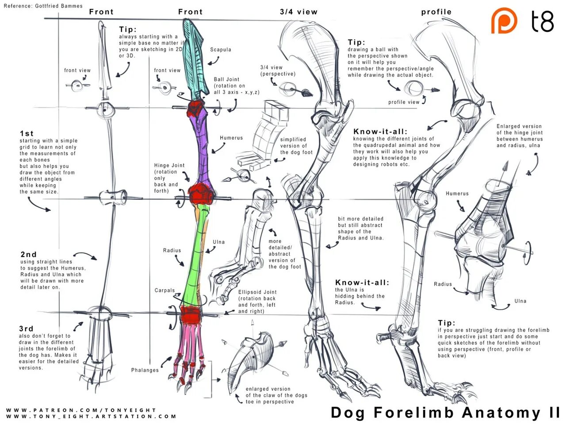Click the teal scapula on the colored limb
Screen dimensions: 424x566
[x=195, y=57]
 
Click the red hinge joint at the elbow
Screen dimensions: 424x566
[x=202, y=194]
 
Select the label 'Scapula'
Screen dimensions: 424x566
[x=221, y=50]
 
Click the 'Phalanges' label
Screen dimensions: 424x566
[x=145, y=370]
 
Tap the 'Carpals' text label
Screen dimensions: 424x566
[x=164, y=290]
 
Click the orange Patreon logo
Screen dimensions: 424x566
[x=504, y=20]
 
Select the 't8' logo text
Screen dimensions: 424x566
[x=542, y=21]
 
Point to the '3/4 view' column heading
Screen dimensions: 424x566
[x=298, y=12]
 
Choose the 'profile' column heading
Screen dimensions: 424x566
[x=436, y=12]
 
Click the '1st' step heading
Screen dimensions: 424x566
[x=27, y=134]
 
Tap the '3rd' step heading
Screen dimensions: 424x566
[x=26, y=329]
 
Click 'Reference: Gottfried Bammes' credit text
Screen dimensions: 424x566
[x=43, y=6]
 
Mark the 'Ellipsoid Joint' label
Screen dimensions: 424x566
[x=257, y=292]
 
